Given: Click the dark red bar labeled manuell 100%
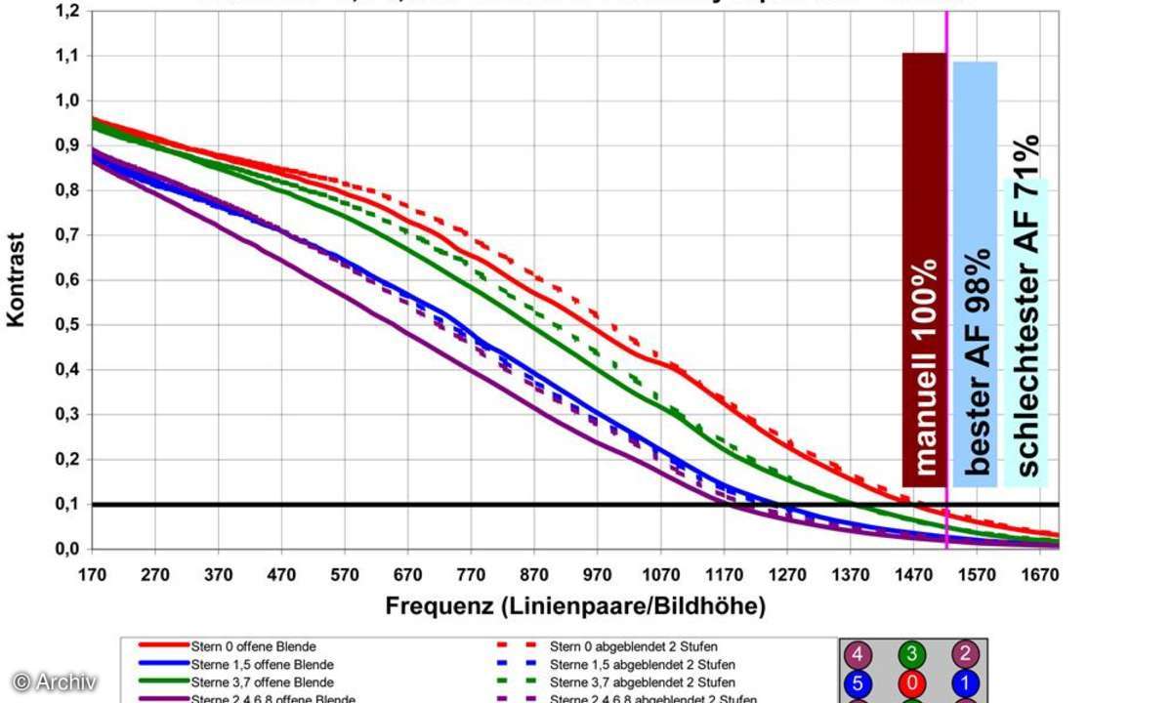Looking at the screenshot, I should click(x=924, y=269).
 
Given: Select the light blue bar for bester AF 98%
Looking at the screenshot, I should click(x=975, y=273).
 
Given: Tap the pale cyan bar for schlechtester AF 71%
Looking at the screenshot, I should click(x=1025, y=332).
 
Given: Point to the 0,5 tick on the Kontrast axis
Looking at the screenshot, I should click(x=67, y=325).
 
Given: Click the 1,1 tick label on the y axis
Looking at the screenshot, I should click(x=67, y=56).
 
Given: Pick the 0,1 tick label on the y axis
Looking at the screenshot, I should click(x=67, y=505).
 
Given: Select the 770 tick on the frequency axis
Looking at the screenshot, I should click(x=471, y=575).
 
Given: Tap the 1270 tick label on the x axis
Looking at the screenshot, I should click(x=787, y=575).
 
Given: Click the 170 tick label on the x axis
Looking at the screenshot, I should click(x=92, y=575).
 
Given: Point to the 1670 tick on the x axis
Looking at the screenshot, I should click(x=1040, y=575).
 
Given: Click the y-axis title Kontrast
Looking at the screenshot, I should click(x=17, y=279).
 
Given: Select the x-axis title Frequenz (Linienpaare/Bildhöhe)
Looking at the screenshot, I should click(x=575, y=606).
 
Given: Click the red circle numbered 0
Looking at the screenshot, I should click(x=911, y=682).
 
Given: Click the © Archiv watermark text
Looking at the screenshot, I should click(x=55, y=682).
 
